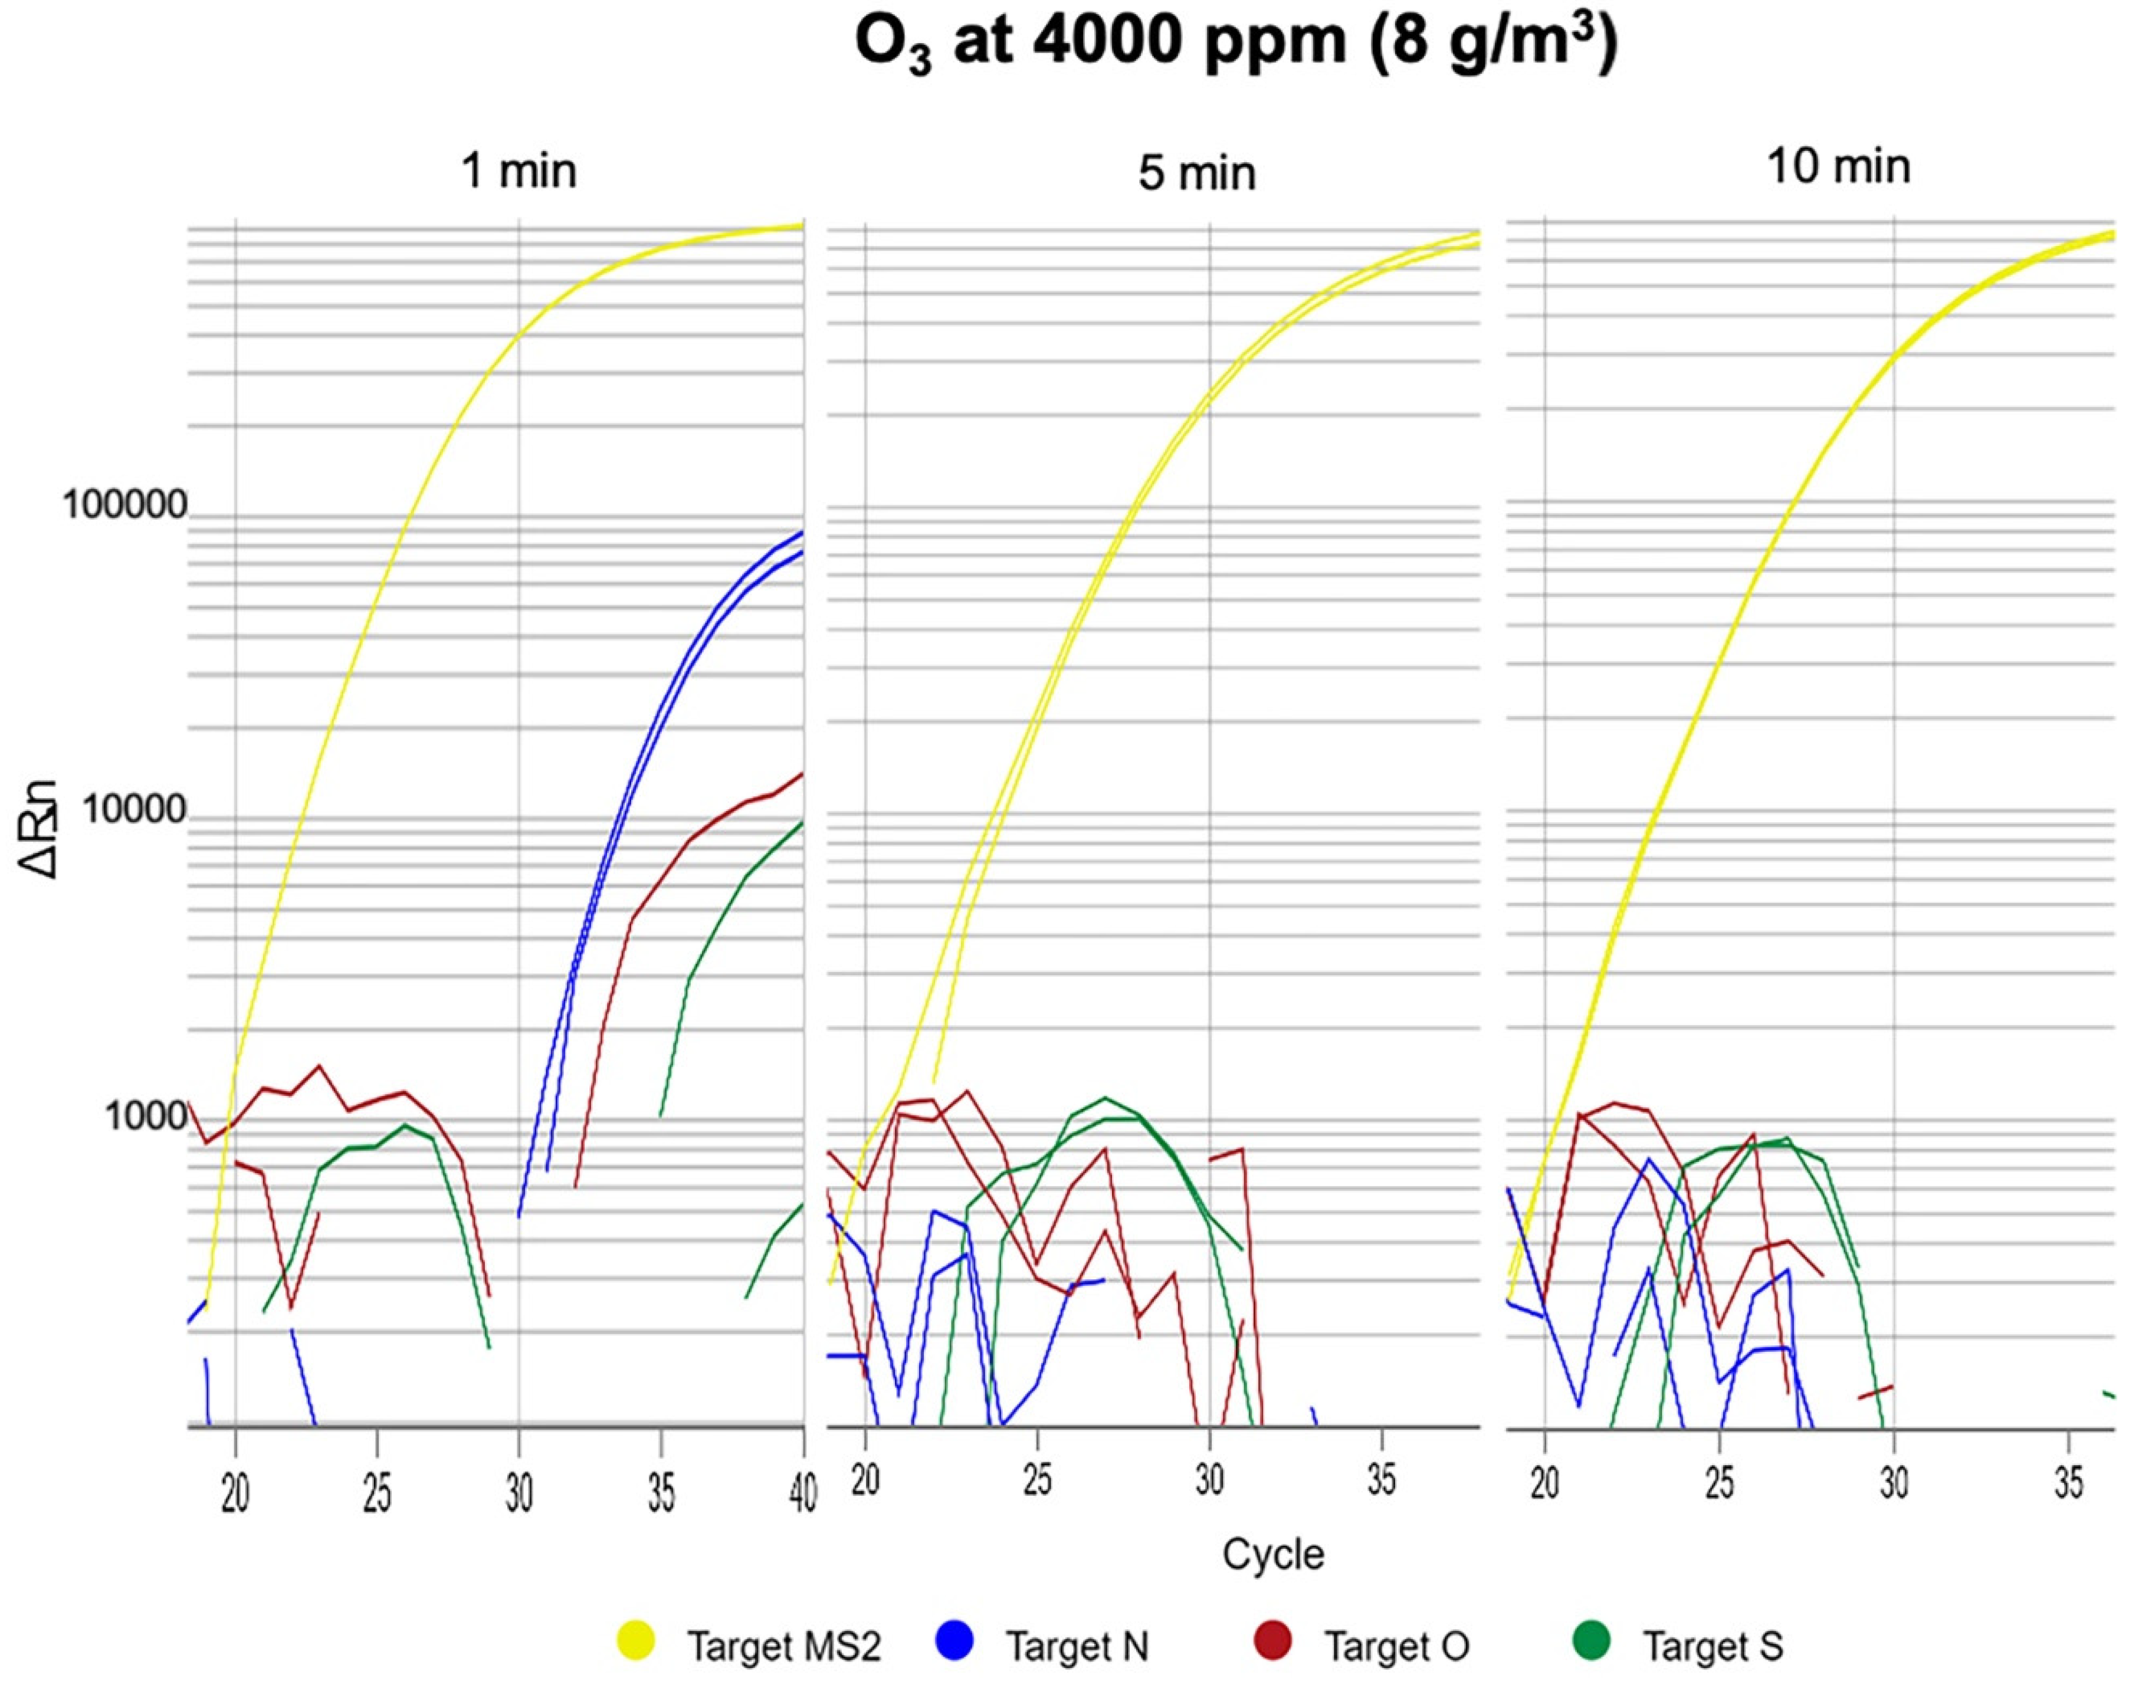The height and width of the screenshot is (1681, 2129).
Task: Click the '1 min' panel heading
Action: pos(519,171)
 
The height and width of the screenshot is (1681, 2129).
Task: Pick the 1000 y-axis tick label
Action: pos(146,1116)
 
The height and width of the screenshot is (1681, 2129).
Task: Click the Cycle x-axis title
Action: pos(1272,1554)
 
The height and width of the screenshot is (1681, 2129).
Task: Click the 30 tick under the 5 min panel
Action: pos(1210,1481)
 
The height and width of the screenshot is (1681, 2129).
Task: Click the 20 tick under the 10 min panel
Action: pos(1546,1481)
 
